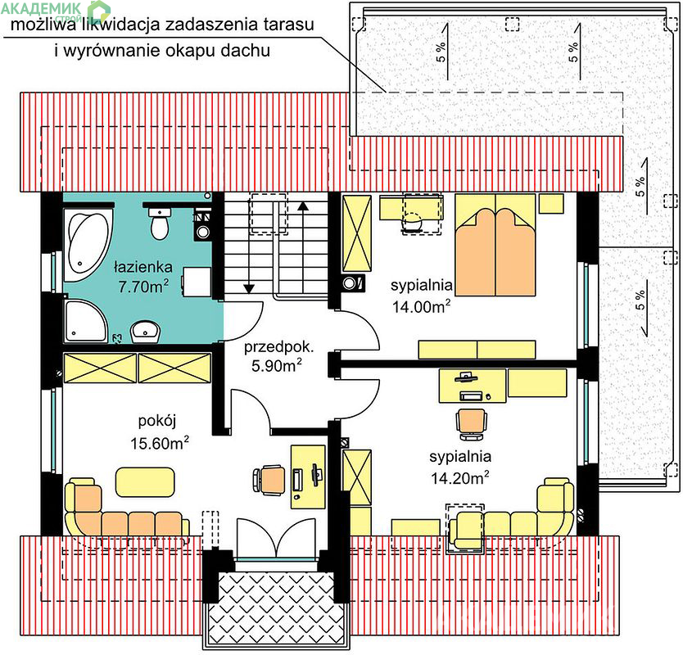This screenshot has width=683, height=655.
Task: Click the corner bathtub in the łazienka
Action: coord(88,246)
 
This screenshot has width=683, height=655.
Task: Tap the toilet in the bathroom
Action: coord(159,224)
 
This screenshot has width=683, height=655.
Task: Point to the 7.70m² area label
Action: coord(143,286)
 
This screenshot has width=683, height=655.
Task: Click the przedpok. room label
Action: coord(278,346)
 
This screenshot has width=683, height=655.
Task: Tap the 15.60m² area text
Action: coord(160,442)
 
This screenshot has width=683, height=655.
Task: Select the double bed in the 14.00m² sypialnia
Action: coord(495,245)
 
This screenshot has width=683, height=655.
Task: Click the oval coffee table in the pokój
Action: coord(145,481)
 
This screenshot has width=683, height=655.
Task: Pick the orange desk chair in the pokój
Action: coord(269,480)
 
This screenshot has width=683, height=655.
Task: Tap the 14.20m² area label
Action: coord(460,478)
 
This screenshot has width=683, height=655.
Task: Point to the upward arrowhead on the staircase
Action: coord(303,206)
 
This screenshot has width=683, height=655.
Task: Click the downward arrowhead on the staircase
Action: coord(249,288)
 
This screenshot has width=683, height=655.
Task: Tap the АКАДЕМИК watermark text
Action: coord(42,8)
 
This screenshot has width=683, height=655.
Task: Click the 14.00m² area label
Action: coord(421,306)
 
